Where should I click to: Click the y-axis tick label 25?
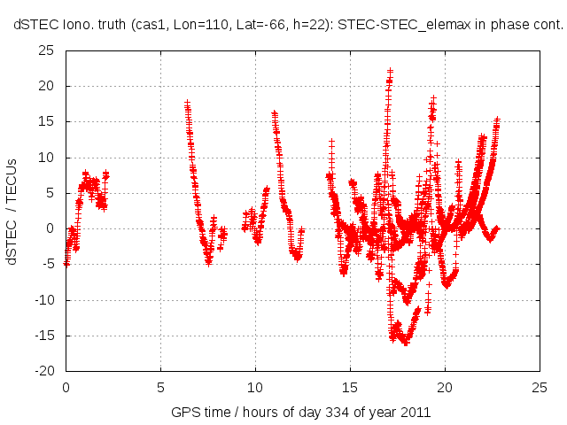pyautogui.click(x=46, y=51)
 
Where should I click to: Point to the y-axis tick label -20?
pyautogui.click(x=43, y=371)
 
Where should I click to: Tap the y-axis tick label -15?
pyautogui.click(x=43, y=336)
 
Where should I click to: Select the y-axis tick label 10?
pyautogui.click(x=46, y=158)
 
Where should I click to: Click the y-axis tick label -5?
pyautogui.click(x=48, y=264)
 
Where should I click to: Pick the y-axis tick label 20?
pyautogui.click(x=46, y=87)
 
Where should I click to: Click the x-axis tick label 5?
pyautogui.click(x=160, y=387)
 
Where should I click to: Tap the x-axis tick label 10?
pyautogui.click(x=255, y=387)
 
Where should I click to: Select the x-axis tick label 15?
pyautogui.click(x=350, y=387)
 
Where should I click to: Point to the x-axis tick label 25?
pyautogui.click(x=540, y=387)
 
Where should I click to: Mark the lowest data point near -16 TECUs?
pyautogui.click(x=406, y=343)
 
